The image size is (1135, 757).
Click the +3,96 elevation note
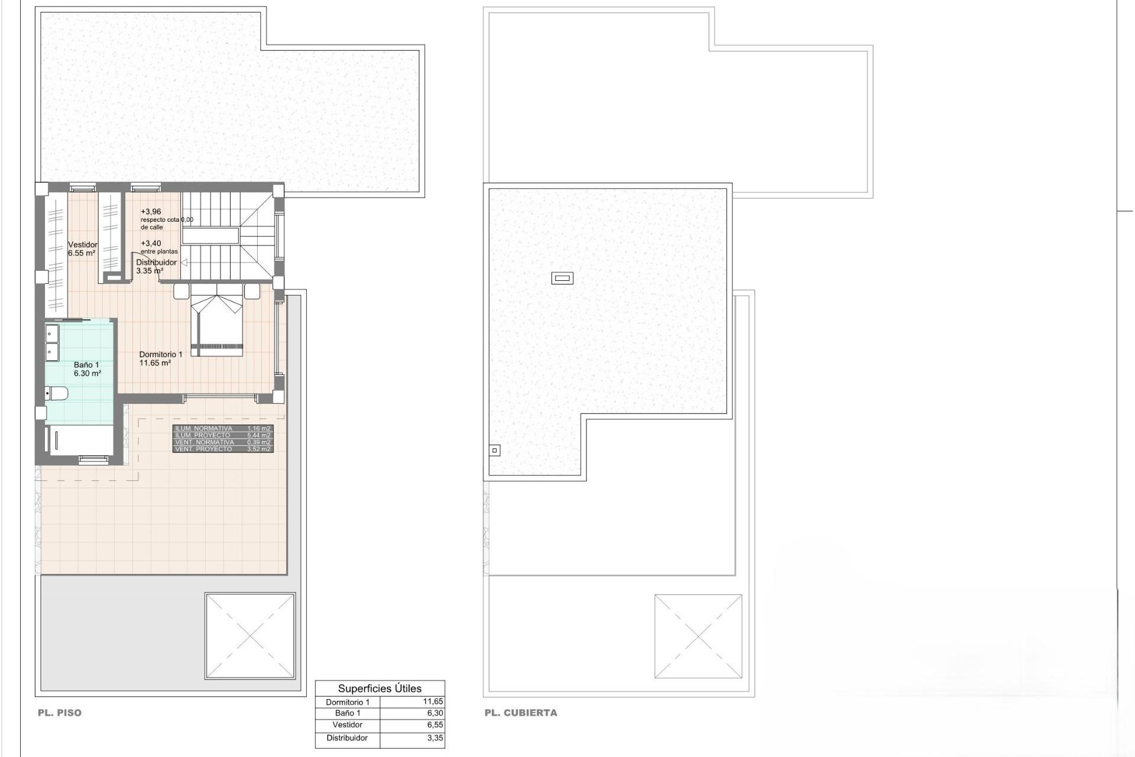(151, 212)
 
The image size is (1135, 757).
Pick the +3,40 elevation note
(151, 243)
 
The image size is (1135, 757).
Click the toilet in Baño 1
(57, 393)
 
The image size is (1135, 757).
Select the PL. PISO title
(60, 713)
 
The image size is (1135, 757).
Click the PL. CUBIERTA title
(520, 713)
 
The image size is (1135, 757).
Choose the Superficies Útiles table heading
(380, 688)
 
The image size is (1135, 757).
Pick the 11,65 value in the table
(433, 702)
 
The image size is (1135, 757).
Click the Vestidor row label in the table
(348, 725)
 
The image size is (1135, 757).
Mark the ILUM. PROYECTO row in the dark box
(222, 435)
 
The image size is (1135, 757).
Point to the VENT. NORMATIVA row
(222, 442)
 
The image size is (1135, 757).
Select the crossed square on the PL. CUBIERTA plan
(698, 636)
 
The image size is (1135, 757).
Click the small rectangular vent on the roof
(562, 277)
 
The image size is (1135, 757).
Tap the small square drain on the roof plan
(495, 451)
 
